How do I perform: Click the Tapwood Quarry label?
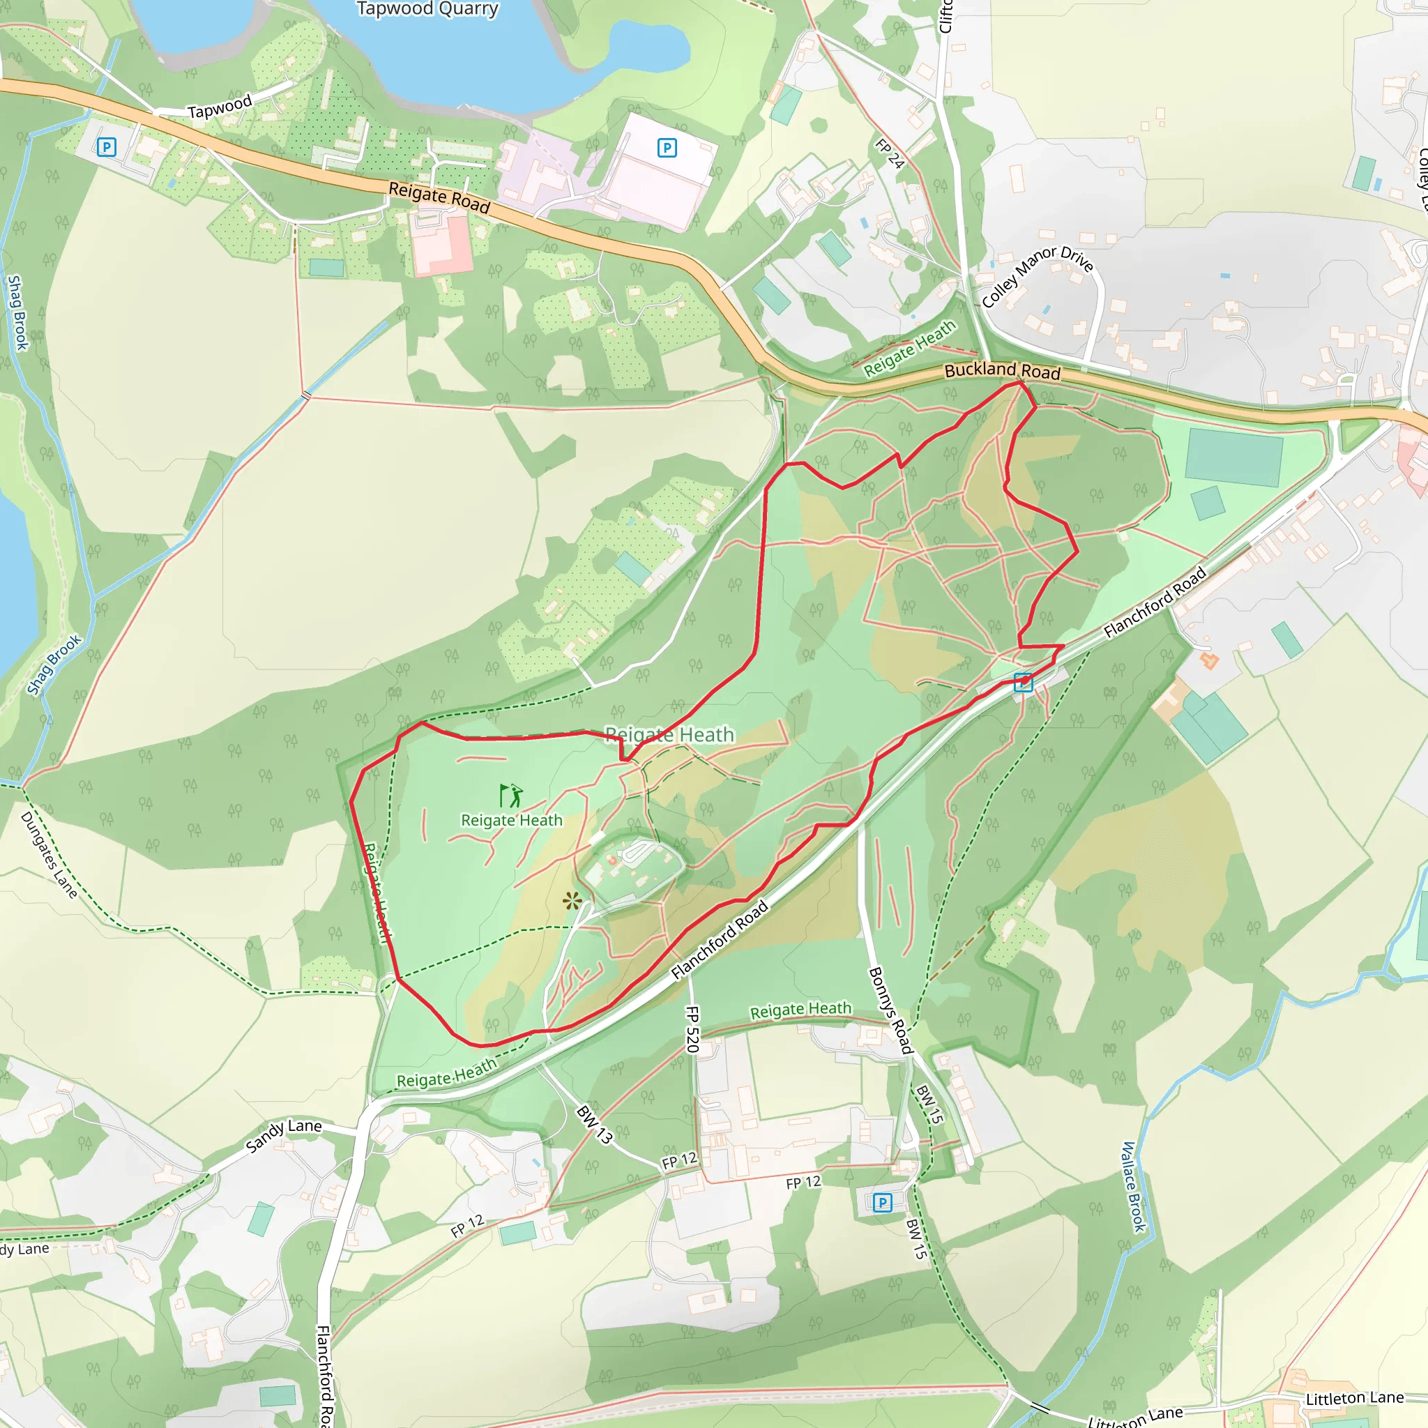(x=427, y=9)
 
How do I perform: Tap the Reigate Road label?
(x=439, y=197)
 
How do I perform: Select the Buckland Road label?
(x=1002, y=370)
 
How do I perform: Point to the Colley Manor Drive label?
(x=1037, y=275)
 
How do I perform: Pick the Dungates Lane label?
(x=49, y=854)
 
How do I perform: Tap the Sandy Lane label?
(x=284, y=1134)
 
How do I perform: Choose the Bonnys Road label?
(x=890, y=1010)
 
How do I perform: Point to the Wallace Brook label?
(x=1133, y=1186)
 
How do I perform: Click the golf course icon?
(x=510, y=796)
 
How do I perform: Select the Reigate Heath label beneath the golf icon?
(x=512, y=821)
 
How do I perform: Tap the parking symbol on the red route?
(x=1023, y=682)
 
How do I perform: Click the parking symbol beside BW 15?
(x=882, y=1203)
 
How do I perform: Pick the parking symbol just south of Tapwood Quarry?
(x=667, y=148)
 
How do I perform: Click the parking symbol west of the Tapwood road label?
(x=107, y=147)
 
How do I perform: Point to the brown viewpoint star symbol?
(x=571, y=900)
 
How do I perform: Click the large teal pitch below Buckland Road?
(x=1233, y=457)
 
